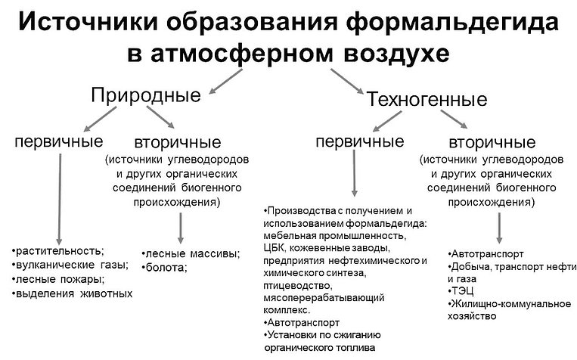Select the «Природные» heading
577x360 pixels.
(x=146, y=95)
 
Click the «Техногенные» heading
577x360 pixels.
(x=427, y=99)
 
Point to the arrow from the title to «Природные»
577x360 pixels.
(x=225, y=82)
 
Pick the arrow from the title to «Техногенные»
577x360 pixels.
(x=346, y=82)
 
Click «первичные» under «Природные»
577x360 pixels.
(x=59, y=141)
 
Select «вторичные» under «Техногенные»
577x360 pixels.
(x=492, y=142)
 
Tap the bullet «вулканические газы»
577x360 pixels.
(x=70, y=265)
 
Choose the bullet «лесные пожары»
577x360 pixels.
(x=58, y=279)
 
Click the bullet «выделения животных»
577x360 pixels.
(x=72, y=293)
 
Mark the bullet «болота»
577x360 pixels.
(x=165, y=268)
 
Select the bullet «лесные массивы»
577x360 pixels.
(x=191, y=253)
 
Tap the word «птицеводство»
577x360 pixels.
(x=298, y=286)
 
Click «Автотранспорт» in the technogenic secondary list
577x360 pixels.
(x=485, y=254)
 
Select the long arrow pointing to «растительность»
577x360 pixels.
(x=59, y=199)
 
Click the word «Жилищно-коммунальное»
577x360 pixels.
(x=510, y=304)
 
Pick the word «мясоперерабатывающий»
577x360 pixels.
(x=324, y=297)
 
